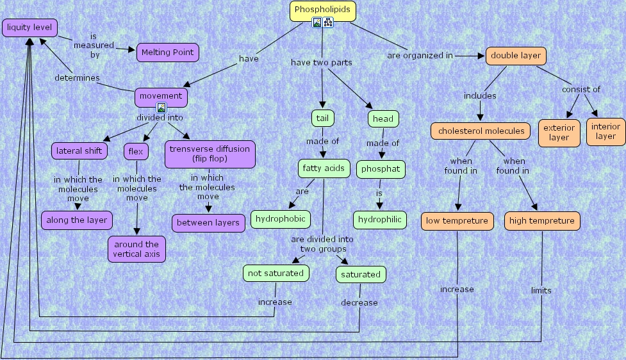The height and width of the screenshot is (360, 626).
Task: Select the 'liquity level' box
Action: coord(29,28)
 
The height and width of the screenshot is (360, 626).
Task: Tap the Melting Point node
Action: coord(167,53)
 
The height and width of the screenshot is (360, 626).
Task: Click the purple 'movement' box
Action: coord(161,96)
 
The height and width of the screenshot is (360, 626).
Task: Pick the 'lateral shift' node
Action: coord(79,151)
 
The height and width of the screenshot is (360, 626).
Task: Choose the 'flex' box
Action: coord(136,152)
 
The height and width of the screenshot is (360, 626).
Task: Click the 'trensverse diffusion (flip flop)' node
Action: coord(210,154)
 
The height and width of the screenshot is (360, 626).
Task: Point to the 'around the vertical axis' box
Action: coord(136,249)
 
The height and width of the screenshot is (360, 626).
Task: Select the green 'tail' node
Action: coord(323,118)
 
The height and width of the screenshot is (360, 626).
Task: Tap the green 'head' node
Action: coord(383,119)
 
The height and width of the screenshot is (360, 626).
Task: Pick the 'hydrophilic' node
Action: coord(380,220)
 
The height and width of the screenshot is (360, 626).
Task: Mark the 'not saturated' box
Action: coord(276,273)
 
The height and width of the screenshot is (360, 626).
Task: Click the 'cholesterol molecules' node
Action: coord(480,131)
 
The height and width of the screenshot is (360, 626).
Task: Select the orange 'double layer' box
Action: coord(516,56)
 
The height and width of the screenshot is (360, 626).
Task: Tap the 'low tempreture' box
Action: coord(457,221)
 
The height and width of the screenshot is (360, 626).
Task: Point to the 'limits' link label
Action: coord(541,290)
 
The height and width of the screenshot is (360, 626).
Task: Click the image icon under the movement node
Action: coord(161,108)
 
